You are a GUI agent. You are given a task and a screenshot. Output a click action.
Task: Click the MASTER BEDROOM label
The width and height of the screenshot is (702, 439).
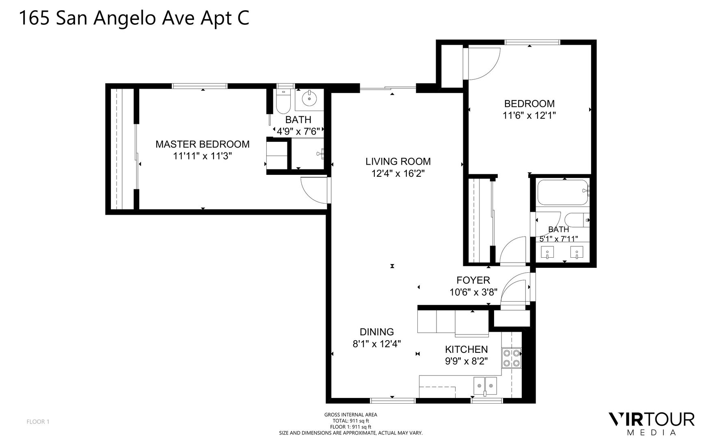203,144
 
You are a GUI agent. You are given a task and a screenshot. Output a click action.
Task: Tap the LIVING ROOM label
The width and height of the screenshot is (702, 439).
398,161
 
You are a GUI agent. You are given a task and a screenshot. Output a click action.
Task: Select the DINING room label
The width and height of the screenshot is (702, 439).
377,332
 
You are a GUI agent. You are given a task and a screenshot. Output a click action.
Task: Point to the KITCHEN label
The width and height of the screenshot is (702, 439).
467,349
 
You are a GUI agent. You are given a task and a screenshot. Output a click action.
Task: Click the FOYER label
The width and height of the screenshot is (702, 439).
473,280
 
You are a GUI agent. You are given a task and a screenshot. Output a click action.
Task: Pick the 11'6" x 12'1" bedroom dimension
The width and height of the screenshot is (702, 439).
529,115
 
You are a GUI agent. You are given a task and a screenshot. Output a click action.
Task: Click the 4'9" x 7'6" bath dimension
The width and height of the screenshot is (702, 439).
298,131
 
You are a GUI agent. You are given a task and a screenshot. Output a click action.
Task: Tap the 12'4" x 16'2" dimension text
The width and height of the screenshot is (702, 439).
398,174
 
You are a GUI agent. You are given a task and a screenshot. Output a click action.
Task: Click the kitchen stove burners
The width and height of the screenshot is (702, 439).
512,358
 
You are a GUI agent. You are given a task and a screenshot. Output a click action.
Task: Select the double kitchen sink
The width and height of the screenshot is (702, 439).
486,386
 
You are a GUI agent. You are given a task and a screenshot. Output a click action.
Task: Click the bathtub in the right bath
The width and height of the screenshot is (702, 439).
563,193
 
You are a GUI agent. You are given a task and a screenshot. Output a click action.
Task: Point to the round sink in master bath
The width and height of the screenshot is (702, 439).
309,99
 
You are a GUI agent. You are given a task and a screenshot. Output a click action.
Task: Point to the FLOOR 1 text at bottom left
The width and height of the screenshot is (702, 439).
38,422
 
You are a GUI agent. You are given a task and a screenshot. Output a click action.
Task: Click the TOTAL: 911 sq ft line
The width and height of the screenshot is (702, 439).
351,421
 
